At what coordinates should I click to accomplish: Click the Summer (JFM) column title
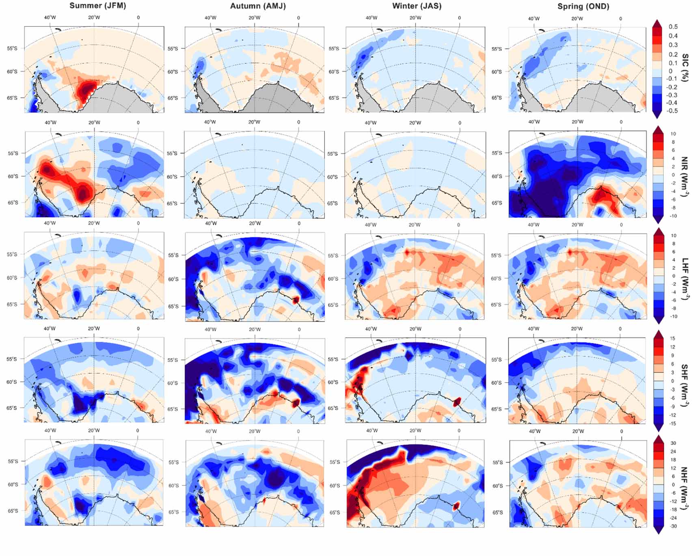click(x=97, y=6)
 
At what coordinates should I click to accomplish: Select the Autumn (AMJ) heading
click(x=258, y=6)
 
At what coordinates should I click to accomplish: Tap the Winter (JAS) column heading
click(x=417, y=6)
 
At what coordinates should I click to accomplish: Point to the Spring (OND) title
click(x=583, y=6)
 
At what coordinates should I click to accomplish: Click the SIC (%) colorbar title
click(x=685, y=67)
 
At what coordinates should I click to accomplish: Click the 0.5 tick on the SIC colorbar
click(x=673, y=27)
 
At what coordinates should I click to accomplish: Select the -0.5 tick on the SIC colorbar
click(x=673, y=110)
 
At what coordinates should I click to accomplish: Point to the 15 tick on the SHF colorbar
click(x=673, y=338)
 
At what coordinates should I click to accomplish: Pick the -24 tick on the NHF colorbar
click(x=673, y=518)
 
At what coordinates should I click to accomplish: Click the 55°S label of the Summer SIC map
click(x=12, y=48)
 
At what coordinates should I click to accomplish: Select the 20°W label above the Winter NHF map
click(x=415, y=431)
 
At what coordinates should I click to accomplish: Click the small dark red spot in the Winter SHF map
click(x=457, y=402)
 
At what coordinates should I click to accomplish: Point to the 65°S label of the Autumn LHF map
click(x=173, y=306)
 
